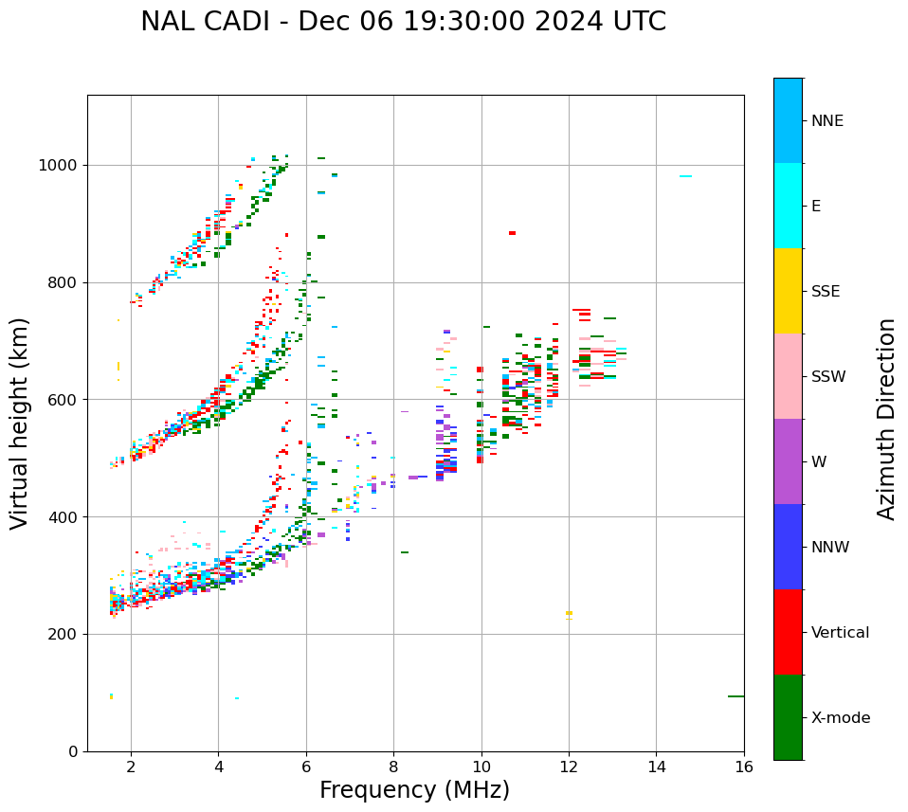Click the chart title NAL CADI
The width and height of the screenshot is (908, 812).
click(x=403, y=22)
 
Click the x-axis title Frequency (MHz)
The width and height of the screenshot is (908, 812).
click(x=414, y=790)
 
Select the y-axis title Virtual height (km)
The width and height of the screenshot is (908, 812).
click(x=20, y=423)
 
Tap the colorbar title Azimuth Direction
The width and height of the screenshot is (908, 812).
click(x=886, y=419)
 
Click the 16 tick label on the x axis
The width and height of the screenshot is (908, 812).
click(x=744, y=767)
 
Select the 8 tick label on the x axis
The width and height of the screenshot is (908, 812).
click(x=393, y=767)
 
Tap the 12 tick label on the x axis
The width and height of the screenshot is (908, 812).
click(x=569, y=767)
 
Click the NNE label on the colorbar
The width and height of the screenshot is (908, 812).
click(x=826, y=121)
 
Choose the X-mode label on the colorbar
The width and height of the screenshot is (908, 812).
click(x=840, y=718)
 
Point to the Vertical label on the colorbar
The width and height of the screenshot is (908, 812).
click(x=840, y=633)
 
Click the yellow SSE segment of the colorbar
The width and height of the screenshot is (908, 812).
click(x=788, y=291)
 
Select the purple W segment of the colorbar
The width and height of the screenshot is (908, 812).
click(x=788, y=461)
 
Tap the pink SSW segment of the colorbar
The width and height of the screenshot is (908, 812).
click(x=788, y=376)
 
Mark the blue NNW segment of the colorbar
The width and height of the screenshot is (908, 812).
click(x=788, y=547)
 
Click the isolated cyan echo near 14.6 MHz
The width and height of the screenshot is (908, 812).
click(x=685, y=176)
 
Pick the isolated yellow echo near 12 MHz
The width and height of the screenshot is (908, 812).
click(x=569, y=613)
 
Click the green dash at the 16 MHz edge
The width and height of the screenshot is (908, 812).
click(x=735, y=696)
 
